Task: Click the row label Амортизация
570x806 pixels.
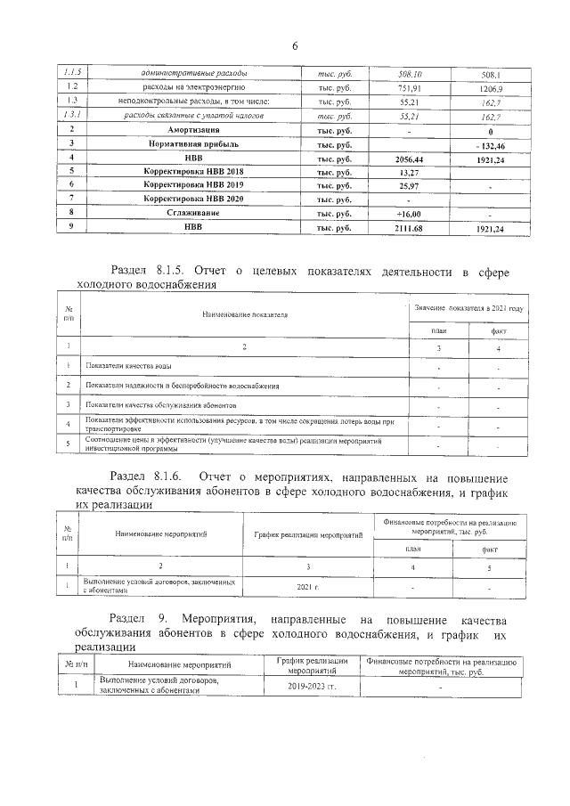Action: click(194, 131)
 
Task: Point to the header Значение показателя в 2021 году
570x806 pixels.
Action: click(468, 308)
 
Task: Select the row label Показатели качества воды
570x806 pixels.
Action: click(128, 366)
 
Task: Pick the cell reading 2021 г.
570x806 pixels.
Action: click(310, 588)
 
